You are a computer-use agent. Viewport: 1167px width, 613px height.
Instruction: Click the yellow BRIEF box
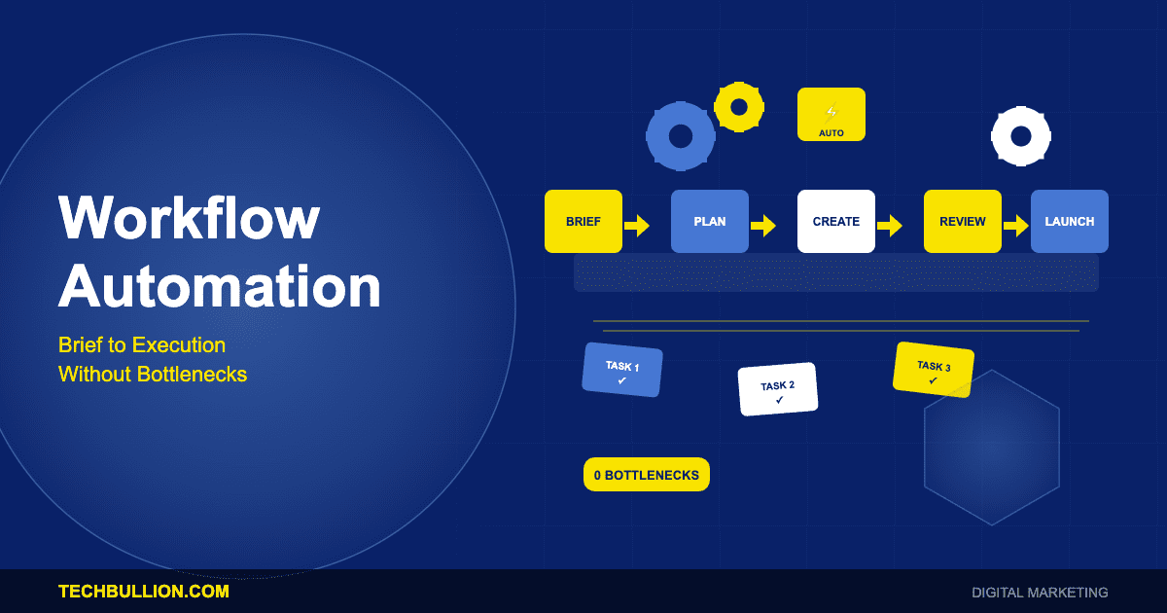583,221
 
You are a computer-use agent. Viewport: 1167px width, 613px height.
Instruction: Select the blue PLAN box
710,221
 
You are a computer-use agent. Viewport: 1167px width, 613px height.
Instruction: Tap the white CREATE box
836,221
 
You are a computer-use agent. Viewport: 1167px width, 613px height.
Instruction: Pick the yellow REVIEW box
963,221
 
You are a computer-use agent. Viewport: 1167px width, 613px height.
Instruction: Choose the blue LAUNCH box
1070,221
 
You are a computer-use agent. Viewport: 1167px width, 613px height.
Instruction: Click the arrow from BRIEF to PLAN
637,226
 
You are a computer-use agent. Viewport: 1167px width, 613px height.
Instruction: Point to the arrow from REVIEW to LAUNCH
1016,226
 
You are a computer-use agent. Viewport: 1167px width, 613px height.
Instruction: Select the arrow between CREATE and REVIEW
890,226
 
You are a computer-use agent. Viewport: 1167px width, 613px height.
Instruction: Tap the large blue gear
681,136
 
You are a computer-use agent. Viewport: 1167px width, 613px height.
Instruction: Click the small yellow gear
739,106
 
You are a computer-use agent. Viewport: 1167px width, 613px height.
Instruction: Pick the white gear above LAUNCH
1021,136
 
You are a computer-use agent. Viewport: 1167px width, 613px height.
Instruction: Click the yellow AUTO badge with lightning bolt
831,115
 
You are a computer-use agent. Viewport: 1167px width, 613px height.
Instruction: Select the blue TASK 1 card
622,370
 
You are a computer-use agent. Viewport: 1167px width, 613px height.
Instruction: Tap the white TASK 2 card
778,389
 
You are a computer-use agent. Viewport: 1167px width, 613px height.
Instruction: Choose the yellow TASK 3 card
934,370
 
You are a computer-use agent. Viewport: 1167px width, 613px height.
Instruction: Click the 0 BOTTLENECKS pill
647,475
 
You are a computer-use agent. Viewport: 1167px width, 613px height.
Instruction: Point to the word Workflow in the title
189,218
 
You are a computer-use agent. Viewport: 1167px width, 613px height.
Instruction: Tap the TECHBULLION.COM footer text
144,592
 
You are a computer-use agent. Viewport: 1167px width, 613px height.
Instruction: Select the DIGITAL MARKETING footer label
1040,592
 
